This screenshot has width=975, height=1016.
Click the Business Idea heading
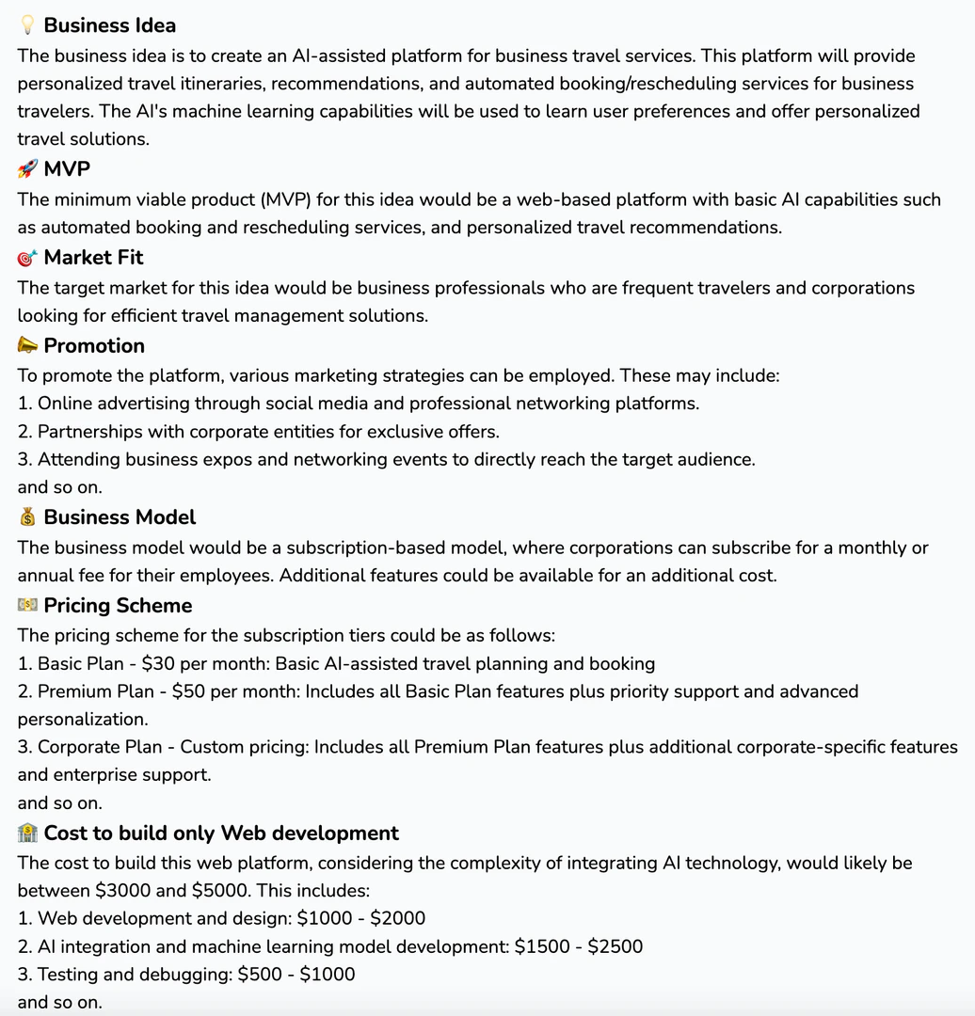(109, 25)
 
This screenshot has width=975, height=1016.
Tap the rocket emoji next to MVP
(27, 169)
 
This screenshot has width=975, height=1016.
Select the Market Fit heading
(93, 258)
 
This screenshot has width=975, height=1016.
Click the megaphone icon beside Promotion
(27, 346)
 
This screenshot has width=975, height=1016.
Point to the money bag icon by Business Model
(27, 517)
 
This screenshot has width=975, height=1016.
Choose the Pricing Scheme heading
(118, 606)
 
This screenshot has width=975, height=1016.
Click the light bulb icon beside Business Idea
(27, 25)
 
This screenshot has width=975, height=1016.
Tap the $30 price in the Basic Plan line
(158, 664)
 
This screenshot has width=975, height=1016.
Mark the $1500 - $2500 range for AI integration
(579, 947)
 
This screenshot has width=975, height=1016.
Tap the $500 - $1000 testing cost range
(296, 975)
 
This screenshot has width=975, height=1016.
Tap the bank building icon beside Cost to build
(27, 833)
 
